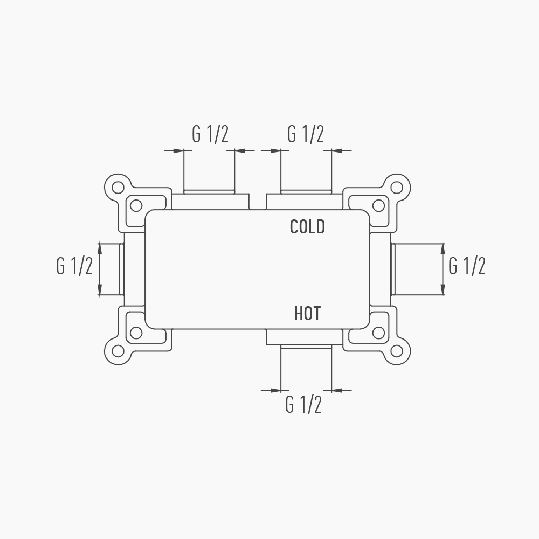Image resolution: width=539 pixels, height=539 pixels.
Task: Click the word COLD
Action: [x=307, y=227]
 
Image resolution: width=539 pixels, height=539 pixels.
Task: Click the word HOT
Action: [x=307, y=314]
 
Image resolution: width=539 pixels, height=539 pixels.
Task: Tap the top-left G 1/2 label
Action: [x=210, y=134]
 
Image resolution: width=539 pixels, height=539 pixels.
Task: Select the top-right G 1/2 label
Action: [x=306, y=134]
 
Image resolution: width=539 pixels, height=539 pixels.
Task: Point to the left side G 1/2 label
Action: [x=74, y=266]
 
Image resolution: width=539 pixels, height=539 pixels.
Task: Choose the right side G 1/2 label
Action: [x=467, y=266]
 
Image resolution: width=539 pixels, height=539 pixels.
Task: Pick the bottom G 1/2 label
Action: [x=303, y=404]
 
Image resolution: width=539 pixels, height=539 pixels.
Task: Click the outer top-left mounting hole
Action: [x=118, y=188]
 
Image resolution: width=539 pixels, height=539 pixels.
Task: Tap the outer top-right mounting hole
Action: [x=397, y=188]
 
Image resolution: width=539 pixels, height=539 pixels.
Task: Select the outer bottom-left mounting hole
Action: [x=118, y=351]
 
